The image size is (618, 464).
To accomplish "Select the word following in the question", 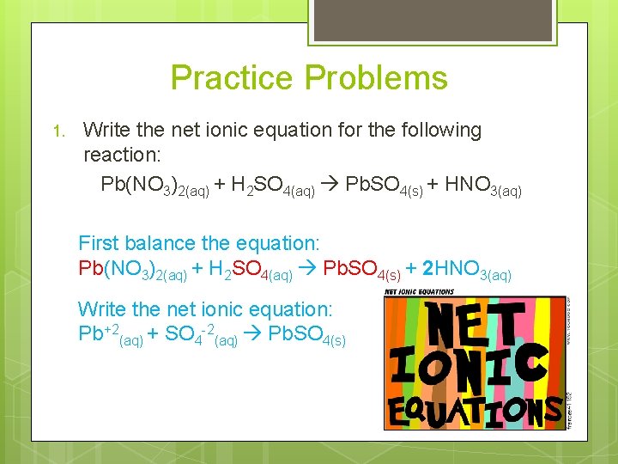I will (x=438, y=131).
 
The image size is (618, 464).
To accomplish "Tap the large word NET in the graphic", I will (x=475, y=322).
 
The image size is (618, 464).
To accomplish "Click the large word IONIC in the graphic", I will (x=470, y=368).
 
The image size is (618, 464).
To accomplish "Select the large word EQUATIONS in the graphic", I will (x=475, y=410).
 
